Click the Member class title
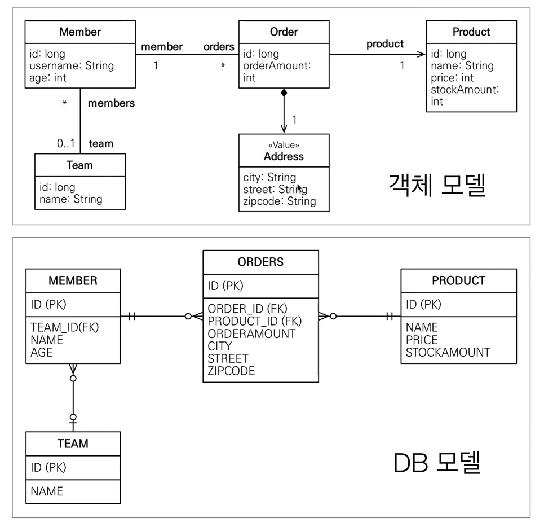(80, 32)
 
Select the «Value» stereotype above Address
(284, 145)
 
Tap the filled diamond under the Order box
(284, 93)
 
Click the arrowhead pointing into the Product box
(421, 54)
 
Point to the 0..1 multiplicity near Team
(65, 143)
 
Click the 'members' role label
(111, 103)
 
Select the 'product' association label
(385, 44)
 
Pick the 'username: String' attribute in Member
(72, 65)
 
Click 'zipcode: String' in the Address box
(280, 201)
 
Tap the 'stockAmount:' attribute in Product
(465, 90)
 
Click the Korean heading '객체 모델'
(437, 185)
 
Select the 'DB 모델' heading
(437, 463)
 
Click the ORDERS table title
(260, 262)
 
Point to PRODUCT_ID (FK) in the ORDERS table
(255, 321)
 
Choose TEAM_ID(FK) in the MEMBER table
(64, 327)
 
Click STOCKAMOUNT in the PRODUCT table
(448, 353)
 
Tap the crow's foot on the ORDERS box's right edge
(324, 316)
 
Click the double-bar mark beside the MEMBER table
(132, 316)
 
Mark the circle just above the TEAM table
(73, 417)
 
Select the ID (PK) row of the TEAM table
(48, 467)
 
